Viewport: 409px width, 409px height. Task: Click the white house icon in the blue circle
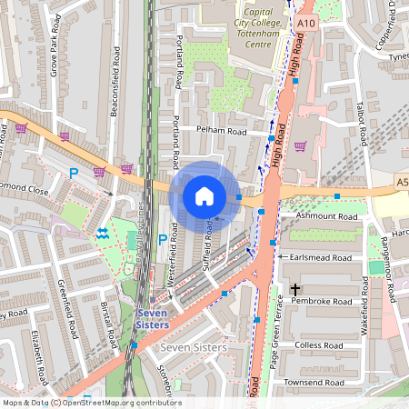point(204,195)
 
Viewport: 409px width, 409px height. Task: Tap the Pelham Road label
point(223,131)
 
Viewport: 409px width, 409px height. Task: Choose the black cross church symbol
point(294,290)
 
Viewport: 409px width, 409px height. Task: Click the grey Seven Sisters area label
point(193,349)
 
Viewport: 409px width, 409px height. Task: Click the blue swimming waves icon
point(102,234)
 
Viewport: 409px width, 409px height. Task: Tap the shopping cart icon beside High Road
point(300,145)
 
